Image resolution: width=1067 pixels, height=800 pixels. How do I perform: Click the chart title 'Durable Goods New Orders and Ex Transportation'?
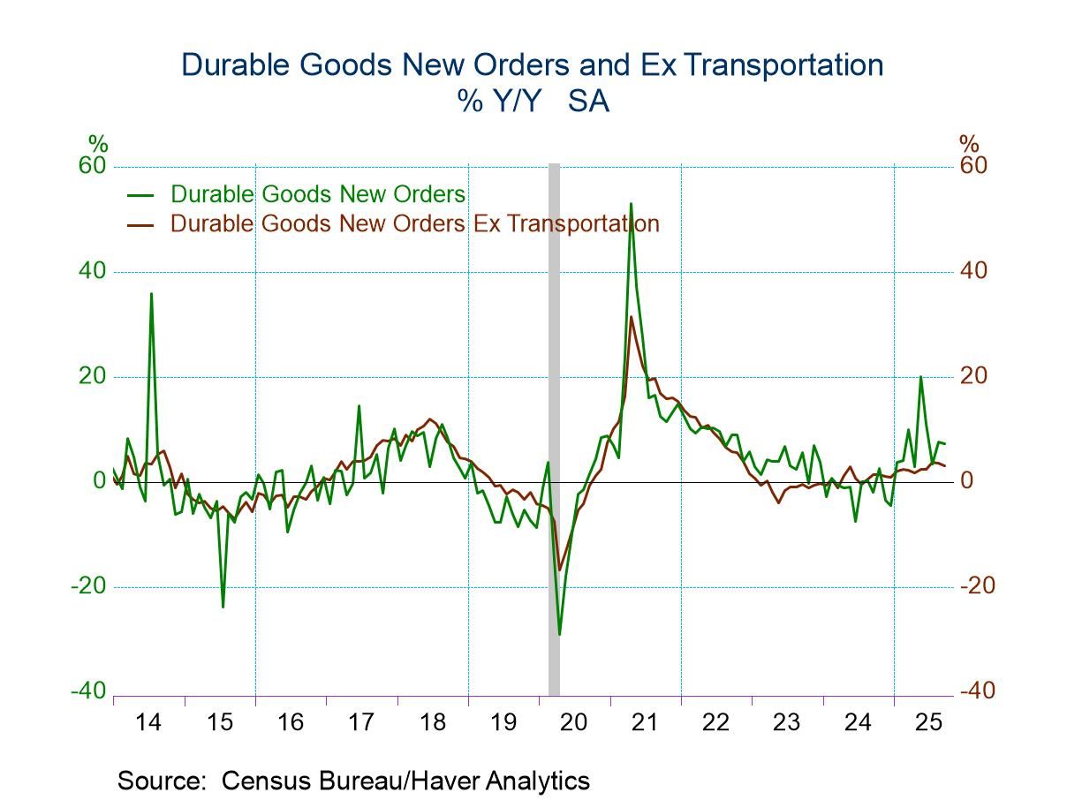(x=532, y=65)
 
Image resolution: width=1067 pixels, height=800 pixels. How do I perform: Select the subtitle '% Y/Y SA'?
(x=533, y=102)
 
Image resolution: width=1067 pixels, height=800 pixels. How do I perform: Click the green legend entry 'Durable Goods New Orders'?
(x=317, y=193)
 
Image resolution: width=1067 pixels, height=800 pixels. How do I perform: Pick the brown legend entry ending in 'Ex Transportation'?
(x=414, y=223)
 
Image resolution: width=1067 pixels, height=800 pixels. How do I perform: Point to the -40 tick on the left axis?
(x=87, y=691)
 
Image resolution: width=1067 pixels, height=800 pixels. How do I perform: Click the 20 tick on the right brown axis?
(x=974, y=376)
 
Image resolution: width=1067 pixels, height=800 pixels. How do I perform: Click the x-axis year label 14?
(x=148, y=722)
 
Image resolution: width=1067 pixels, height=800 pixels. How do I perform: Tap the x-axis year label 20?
(x=574, y=722)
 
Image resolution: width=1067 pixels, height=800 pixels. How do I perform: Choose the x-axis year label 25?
(x=929, y=722)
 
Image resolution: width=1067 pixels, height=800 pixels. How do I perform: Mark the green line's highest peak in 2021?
(x=631, y=204)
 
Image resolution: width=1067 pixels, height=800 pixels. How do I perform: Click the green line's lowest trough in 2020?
(x=559, y=634)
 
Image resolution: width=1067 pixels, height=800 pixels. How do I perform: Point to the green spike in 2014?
(x=151, y=294)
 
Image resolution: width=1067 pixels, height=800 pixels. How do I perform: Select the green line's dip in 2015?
(x=223, y=607)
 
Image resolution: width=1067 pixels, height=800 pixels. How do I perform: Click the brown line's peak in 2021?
(x=632, y=317)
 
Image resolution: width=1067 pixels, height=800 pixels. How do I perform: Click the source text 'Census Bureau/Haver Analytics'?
(x=405, y=781)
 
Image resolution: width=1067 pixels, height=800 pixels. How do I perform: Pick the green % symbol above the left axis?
(x=97, y=143)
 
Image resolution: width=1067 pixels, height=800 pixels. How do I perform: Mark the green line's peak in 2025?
(x=920, y=377)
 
